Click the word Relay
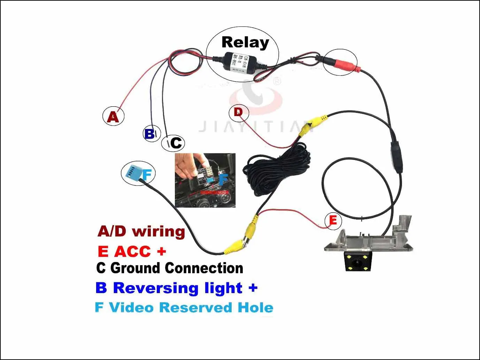coord(245,43)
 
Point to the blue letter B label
coord(149,133)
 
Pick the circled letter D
coord(238,112)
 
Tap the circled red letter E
coord(333,221)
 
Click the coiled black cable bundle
coord(279,171)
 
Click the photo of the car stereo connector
coord(205,180)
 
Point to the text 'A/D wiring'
coord(141,231)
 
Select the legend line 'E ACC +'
coord(132,251)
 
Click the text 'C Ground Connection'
coord(170,268)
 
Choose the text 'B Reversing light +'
coord(176,288)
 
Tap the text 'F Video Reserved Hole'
coord(184,308)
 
